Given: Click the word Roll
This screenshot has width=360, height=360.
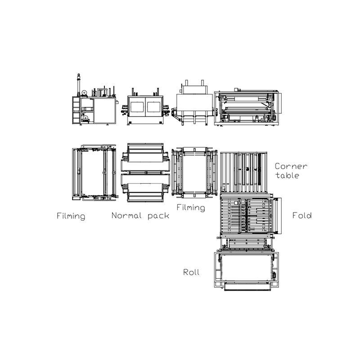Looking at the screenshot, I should tap(191, 272).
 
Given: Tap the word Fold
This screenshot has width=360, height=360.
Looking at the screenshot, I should tap(301, 216).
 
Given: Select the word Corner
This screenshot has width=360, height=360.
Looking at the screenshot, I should tap(291, 166).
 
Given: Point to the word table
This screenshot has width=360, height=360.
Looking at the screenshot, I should tap(287, 175).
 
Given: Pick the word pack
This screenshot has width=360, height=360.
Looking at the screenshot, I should tap(158, 216).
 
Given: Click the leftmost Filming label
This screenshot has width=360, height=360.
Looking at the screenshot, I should tap(71, 216).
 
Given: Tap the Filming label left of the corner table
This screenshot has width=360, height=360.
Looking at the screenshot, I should tap(190, 208).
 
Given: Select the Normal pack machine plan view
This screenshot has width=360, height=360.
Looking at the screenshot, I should tap(145, 173).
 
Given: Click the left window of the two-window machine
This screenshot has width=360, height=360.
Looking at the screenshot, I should tap(136, 107).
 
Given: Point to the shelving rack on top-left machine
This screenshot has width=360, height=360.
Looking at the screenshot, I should tap(75, 110).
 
